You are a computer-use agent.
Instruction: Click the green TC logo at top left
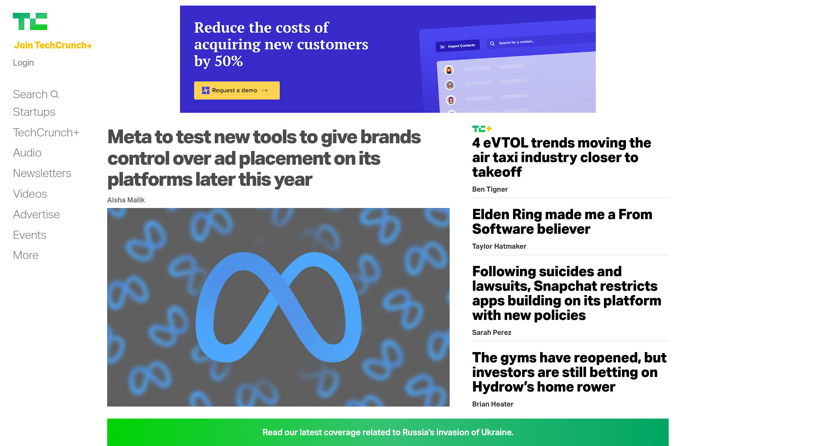click(30, 21)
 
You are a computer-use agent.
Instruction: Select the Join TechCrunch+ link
click(53, 45)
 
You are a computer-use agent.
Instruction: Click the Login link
click(23, 63)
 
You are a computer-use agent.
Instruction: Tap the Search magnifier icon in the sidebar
click(54, 94)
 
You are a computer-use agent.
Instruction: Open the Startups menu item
click(34, 112)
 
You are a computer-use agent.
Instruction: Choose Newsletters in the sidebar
click(42, 173)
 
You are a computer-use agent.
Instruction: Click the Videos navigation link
click(30, 194)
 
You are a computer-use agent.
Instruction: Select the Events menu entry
click(30, 235)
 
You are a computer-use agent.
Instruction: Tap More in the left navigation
click(26, 255)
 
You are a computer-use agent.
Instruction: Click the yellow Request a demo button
click(237, 90)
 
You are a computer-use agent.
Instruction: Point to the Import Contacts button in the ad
click(458, 46)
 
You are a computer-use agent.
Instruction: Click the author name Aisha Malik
click(126, 200)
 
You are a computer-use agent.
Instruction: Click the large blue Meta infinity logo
click(278, 307)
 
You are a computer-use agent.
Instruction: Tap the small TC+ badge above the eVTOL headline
click(482, 129)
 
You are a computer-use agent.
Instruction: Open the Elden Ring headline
click(562, 222)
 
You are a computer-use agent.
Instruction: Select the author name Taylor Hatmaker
click(499, 246)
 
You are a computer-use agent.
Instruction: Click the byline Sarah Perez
click(492, 332)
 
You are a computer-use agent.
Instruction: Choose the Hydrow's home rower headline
click(569, 372)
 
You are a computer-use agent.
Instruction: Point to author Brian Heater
click(493, 404)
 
